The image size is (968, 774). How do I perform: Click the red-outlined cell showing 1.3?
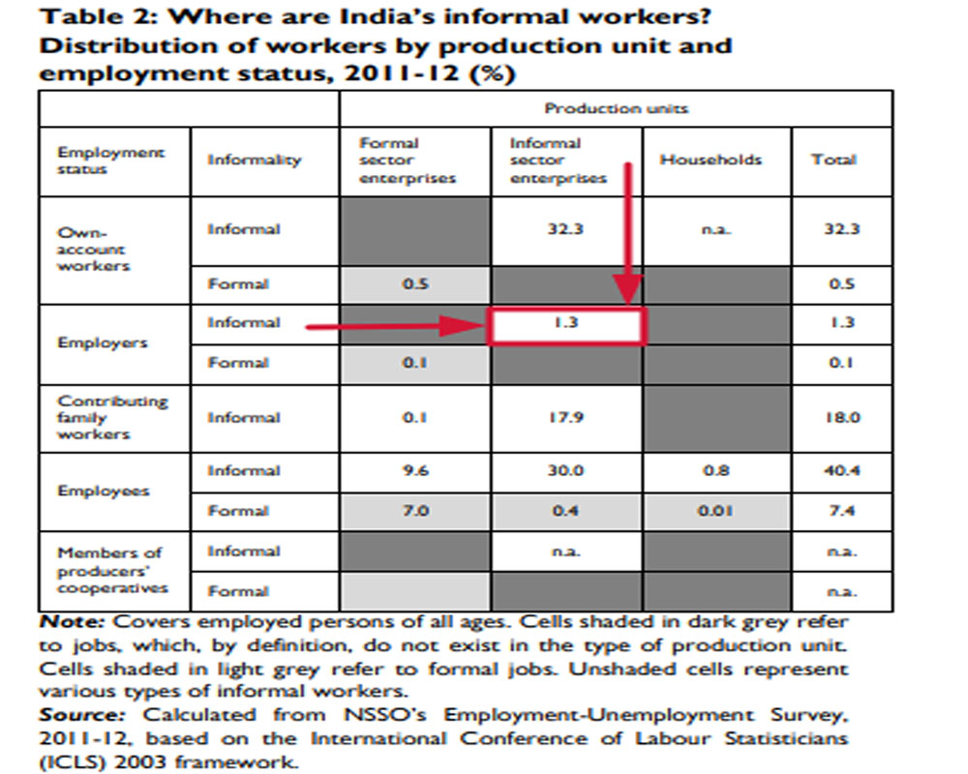tap(567, 324)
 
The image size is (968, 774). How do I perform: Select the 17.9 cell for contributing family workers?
tap(565, 418)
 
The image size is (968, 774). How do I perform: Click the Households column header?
tap(711, 161)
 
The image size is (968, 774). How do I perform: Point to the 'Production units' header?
tap(616, 108)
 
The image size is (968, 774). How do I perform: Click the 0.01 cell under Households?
tap(711, 511)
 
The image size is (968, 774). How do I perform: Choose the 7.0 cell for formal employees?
tap(414, 511)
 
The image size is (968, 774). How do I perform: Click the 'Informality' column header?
tap(254, 161)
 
